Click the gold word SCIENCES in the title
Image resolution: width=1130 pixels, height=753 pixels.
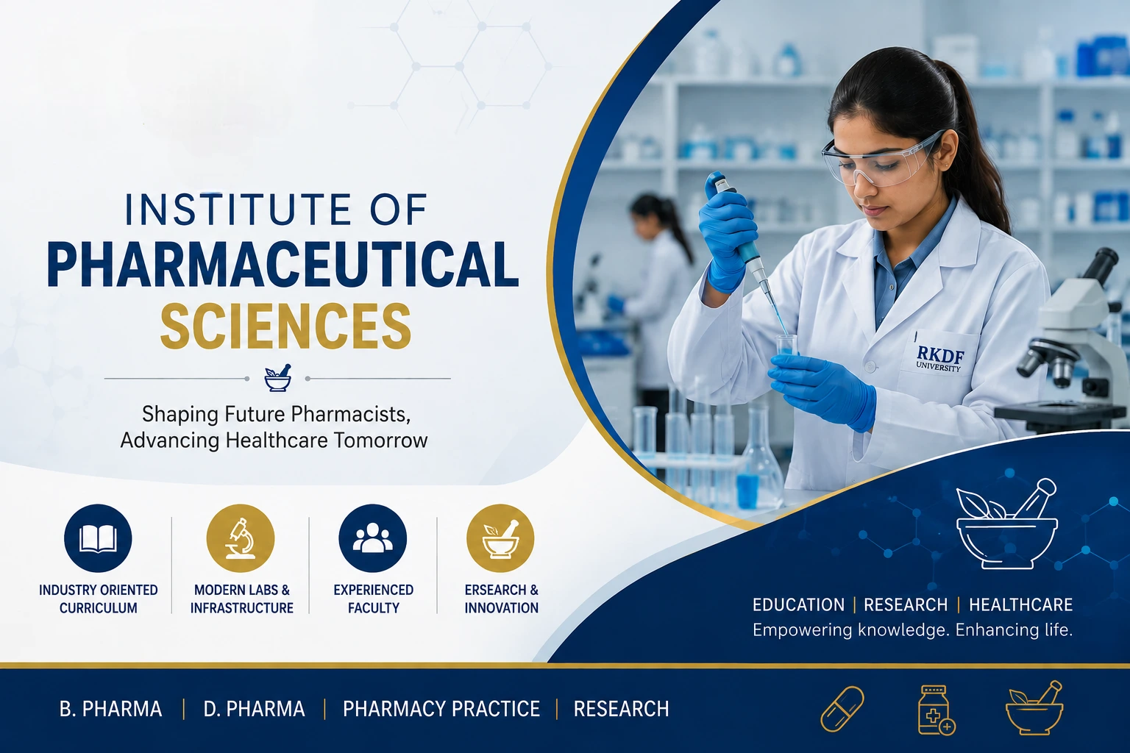pos(285,326)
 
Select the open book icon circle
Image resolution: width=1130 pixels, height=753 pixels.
pos(98,538)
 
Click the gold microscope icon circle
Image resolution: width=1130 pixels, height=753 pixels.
pos(241,538)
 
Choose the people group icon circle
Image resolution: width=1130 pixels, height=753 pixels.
pos(373,538)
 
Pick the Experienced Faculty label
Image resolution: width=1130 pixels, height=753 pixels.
pos(373,599)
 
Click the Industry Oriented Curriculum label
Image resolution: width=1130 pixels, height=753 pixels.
pos(99,599)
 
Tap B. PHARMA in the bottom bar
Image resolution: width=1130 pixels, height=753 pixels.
pos(110,709)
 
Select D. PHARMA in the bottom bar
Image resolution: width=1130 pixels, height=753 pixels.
pos(255,709)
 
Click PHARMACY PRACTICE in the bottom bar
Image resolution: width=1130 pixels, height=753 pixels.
pos(441,709)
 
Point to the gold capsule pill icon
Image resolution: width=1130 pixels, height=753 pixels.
pos(842,709)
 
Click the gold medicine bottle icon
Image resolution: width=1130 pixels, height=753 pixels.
pos(936,710)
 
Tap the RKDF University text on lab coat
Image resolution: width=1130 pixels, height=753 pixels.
pos(939,359)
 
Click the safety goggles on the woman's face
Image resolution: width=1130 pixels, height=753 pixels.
pos(882,157)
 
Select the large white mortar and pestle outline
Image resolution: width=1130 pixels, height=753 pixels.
pos(1006,524)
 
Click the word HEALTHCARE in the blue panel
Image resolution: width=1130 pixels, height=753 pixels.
pos(1020,604)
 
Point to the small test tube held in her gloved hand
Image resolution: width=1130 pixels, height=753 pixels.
pos(786,348)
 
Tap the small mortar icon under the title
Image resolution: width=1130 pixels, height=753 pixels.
pos(277,378)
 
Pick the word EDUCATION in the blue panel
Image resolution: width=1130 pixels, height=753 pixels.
pos(798,604)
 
